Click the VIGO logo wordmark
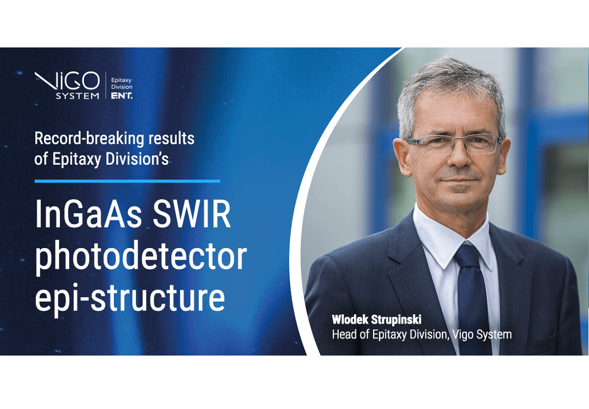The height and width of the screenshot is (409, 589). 67,81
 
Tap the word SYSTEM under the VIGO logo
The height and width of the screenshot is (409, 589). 77,96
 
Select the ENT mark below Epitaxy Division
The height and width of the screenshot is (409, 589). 122,96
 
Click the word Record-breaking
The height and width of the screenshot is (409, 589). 89,139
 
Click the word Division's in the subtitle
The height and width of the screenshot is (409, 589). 137,159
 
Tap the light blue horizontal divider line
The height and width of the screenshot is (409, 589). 127,181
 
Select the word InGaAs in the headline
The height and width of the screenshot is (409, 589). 89,214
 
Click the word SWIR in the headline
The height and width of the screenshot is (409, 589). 191,214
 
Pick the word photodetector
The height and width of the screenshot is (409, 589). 141,257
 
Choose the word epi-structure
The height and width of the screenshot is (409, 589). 130,297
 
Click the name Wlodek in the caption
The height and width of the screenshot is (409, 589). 350,320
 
